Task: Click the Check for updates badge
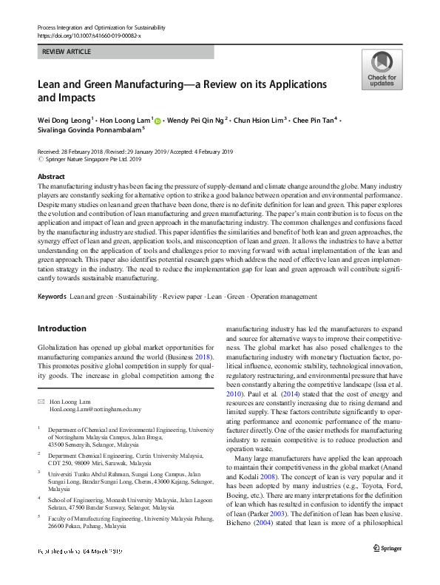coord(382,70)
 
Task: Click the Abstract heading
coord(51,177)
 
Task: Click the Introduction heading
coord(61,328)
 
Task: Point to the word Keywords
coord(51,297)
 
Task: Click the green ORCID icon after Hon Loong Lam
coord(158,121)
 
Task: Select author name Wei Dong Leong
coord(63,120)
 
